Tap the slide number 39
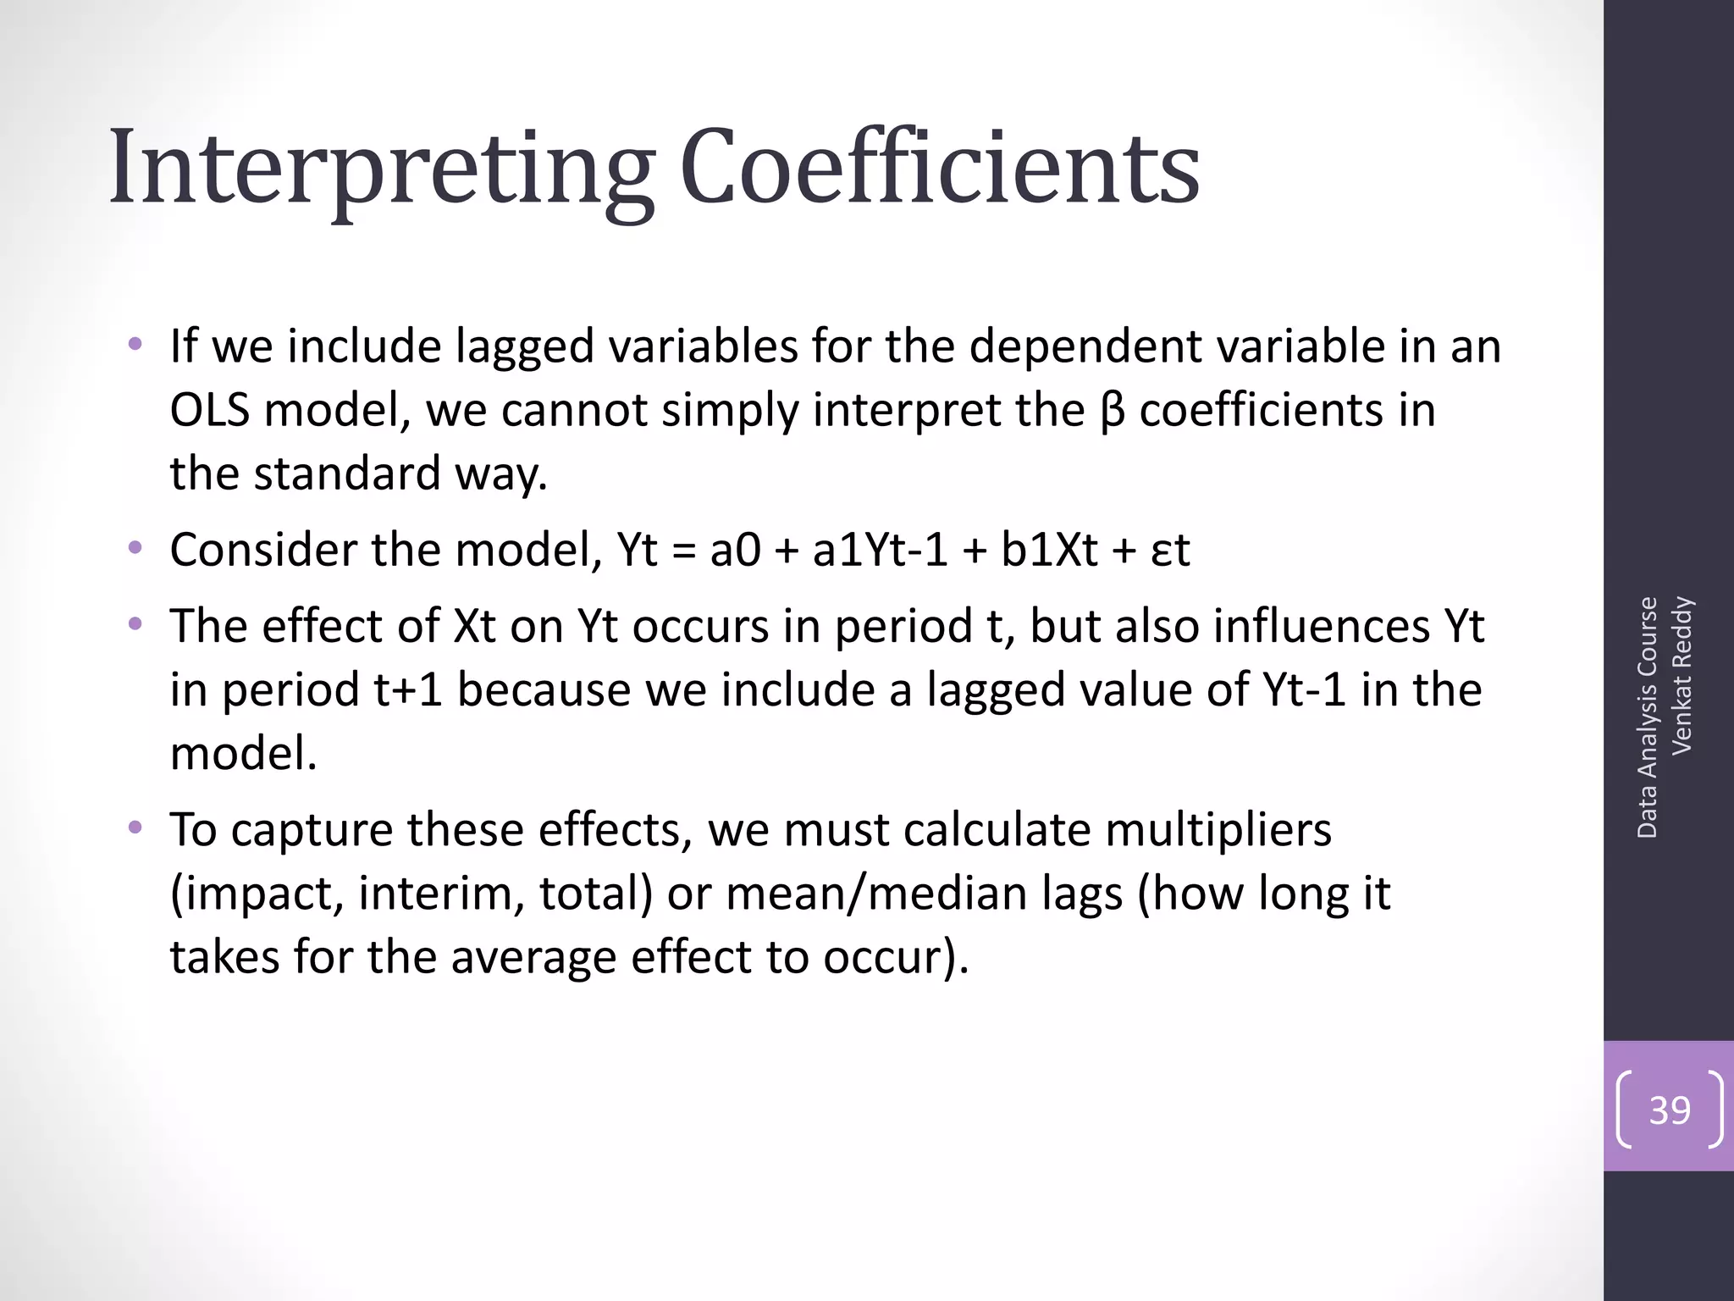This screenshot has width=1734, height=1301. (x=1670, y=1110)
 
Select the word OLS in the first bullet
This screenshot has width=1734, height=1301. (x=210, y=410)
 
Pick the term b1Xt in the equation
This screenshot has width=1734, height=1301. (x=1050, y=550)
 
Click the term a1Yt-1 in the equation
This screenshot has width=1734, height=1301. (x=881, y=550)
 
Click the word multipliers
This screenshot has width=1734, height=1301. (x=1218, y=830)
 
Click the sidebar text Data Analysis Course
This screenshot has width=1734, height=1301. (x=1647, y=717)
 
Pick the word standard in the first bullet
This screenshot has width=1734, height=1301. (x=347, y=473)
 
